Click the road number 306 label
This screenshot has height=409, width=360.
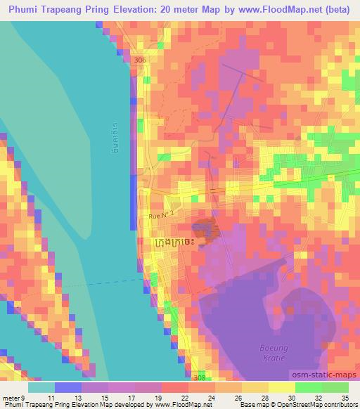(139, 61)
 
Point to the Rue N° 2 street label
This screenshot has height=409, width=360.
(160, 219)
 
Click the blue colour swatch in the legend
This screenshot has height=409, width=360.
(68, 387)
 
